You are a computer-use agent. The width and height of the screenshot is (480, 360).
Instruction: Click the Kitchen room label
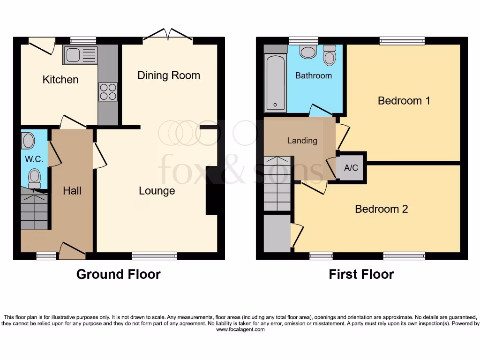60,80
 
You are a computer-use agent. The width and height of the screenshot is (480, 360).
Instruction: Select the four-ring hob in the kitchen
108,91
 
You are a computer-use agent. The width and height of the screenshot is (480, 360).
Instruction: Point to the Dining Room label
169,75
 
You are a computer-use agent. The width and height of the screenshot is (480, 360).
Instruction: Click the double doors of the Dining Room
168,36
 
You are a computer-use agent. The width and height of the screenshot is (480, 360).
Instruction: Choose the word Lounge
157,191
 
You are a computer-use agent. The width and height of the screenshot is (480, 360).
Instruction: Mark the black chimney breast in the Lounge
212,191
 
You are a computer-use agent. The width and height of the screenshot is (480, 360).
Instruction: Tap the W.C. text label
34,159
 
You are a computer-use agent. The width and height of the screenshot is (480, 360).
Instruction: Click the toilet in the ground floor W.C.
35,178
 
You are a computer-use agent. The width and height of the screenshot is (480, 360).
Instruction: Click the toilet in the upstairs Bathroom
330,56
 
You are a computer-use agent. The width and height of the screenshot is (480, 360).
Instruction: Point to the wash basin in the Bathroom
308,52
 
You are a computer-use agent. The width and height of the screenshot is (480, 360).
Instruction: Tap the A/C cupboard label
351,167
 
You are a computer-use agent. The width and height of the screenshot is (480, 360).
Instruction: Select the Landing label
302,141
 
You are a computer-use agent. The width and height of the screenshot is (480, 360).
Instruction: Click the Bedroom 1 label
404,100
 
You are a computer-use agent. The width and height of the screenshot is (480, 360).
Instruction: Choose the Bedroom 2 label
382,209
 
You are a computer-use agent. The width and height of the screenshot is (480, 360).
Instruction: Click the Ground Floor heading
119,274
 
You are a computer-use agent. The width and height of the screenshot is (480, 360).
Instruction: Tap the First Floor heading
361,274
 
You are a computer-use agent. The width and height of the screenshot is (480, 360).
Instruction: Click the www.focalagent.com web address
240,330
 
